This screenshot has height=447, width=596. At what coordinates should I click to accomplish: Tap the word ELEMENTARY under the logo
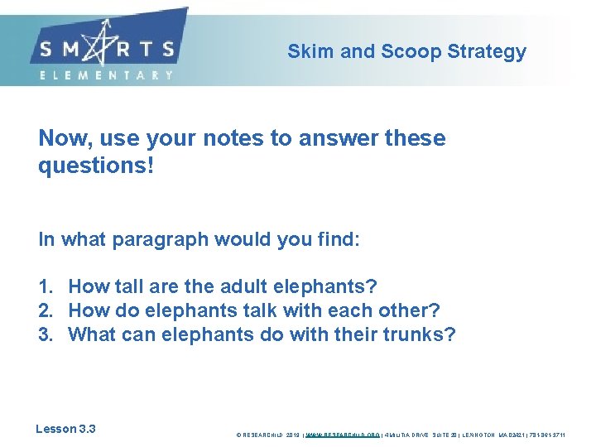tap(107, 75)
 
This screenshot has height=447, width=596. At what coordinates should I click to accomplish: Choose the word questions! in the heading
tap(96, 166)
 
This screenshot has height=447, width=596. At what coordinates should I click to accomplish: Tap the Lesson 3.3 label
tap(65, 429)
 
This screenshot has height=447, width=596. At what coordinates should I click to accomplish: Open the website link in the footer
tap(344, 434)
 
